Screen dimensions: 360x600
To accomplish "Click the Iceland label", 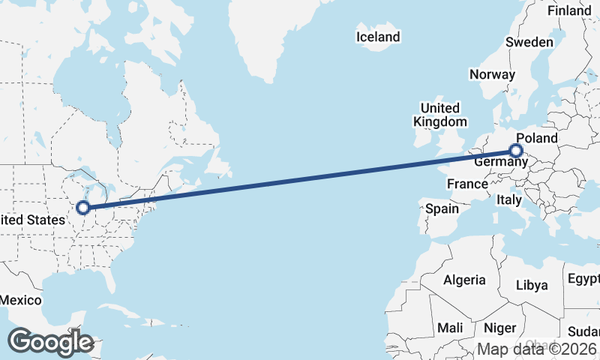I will point(378,37).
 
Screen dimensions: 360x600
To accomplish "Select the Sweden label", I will point(529,42).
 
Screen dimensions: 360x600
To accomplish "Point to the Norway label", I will point(492,74).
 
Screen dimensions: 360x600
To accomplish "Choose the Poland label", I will point(537,138).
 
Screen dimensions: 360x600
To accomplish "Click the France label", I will point(467,184).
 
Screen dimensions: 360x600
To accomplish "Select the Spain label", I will point(442,208).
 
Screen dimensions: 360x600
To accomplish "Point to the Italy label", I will point(509,199).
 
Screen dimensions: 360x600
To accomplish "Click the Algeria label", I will point(464,280).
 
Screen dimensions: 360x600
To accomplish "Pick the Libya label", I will point(532,285).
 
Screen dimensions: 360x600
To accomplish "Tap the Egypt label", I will point(583,280).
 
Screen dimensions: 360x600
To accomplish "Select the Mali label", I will point(450,328).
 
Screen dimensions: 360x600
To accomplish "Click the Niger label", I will point(499,328).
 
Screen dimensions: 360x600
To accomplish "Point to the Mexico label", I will point(19,300).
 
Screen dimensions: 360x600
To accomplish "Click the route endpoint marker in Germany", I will point(516,151).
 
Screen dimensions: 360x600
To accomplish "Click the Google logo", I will point(50,342).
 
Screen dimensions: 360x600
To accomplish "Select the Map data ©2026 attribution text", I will point(537,349).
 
